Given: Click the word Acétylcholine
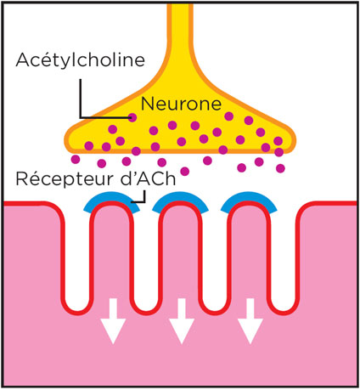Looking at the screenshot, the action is point(81,60).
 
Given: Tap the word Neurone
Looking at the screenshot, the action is point(181,104).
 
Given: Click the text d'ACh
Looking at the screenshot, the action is point(148,178).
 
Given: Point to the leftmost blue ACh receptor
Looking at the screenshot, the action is point(112,198).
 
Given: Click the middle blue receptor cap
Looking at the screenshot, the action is point(180,198).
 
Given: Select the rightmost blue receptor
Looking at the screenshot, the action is point(249,198).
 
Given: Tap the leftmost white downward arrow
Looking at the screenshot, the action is point(113,321).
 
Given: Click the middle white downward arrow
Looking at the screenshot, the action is point(182,321).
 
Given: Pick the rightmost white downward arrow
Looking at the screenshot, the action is point(250,321).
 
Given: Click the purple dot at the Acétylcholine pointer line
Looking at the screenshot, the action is point(132,117).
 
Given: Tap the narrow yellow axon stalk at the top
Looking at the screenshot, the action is point(180,28).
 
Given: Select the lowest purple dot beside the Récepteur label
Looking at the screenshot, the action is point(184,172).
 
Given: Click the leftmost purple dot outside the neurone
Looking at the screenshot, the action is point(76,159).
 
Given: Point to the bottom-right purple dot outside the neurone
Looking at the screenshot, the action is point(280,168).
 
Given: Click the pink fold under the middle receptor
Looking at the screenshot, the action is point(180,255).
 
